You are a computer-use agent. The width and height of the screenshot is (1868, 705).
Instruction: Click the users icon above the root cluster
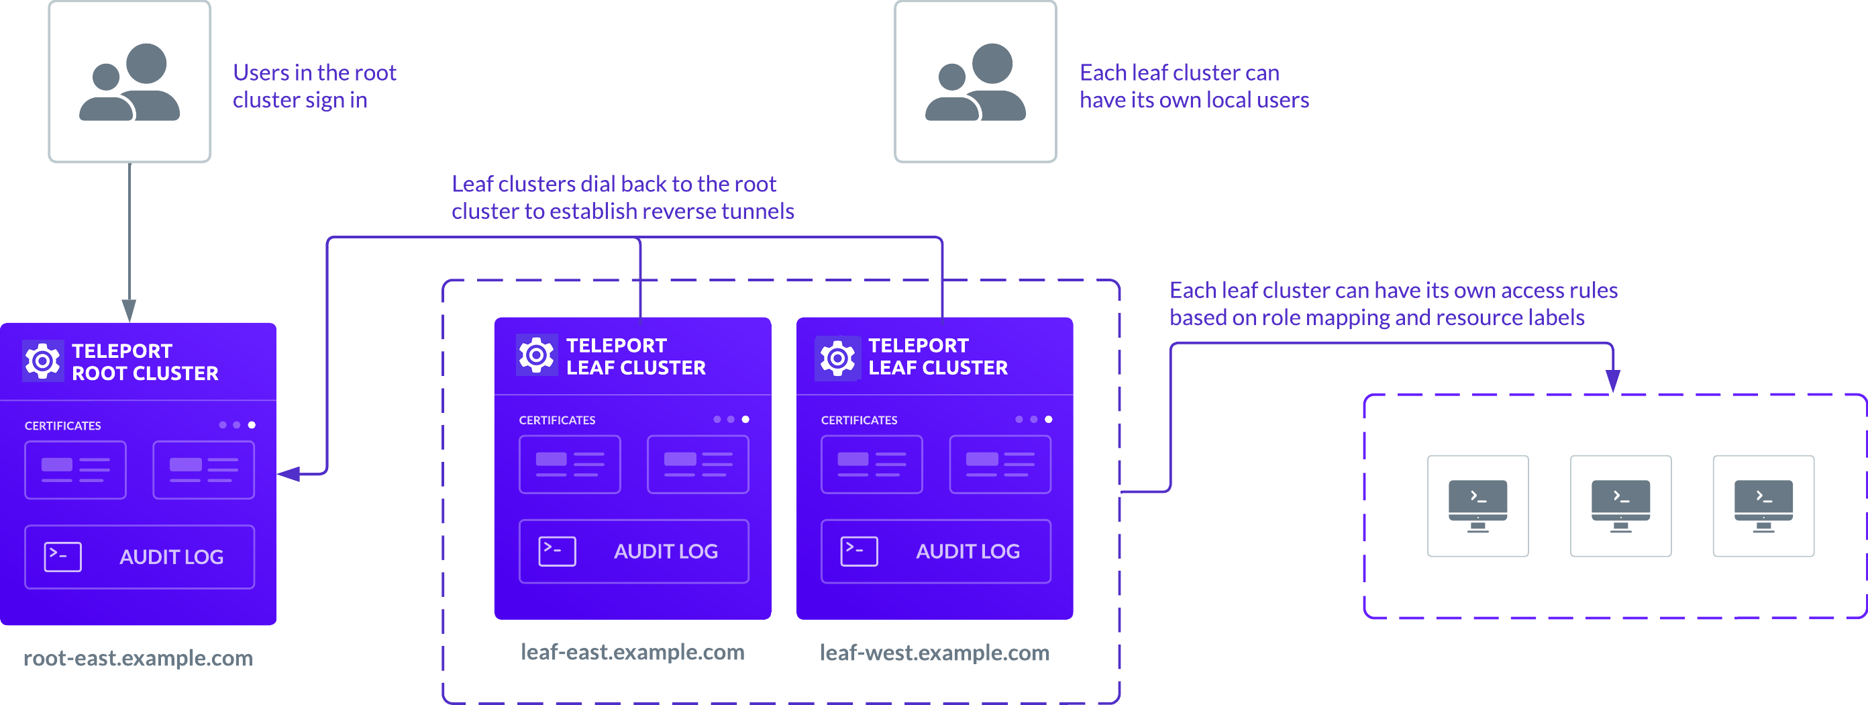[129, 81]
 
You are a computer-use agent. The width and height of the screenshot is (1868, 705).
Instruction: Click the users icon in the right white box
[975, 81]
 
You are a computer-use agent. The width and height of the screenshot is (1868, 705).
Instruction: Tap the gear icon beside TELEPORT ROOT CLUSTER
[42, 361]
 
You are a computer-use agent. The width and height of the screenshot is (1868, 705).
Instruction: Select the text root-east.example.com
[138, 658]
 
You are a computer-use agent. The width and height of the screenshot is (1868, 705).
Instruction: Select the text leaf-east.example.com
[632, 652]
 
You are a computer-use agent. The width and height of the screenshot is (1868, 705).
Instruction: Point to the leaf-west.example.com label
[934, 653]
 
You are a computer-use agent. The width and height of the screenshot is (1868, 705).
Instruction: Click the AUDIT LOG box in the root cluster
[140, 557]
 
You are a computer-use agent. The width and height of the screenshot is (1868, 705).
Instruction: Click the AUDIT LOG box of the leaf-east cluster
[634, 551]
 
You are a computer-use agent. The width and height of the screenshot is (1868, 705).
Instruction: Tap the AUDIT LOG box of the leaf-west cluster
[935, 551]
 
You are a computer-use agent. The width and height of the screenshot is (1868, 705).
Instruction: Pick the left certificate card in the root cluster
[75, 470]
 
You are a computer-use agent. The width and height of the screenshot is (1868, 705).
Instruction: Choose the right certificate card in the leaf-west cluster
[1000, 464]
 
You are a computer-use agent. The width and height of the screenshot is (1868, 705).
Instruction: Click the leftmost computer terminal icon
[1477, 506]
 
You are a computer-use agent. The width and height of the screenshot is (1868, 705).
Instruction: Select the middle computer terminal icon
[1620, 506]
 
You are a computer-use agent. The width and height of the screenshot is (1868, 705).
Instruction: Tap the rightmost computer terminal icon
[1763, 506]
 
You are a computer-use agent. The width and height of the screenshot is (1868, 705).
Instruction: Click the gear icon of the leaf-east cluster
[536, 355]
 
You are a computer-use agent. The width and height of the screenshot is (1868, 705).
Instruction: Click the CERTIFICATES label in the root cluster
[62, 426]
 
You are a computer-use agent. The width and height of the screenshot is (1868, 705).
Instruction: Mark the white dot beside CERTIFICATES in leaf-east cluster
[745, 419]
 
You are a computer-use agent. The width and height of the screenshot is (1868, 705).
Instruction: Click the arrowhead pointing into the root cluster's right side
[287, 473]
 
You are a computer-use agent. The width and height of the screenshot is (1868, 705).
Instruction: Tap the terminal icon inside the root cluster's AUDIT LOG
[62, 557]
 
